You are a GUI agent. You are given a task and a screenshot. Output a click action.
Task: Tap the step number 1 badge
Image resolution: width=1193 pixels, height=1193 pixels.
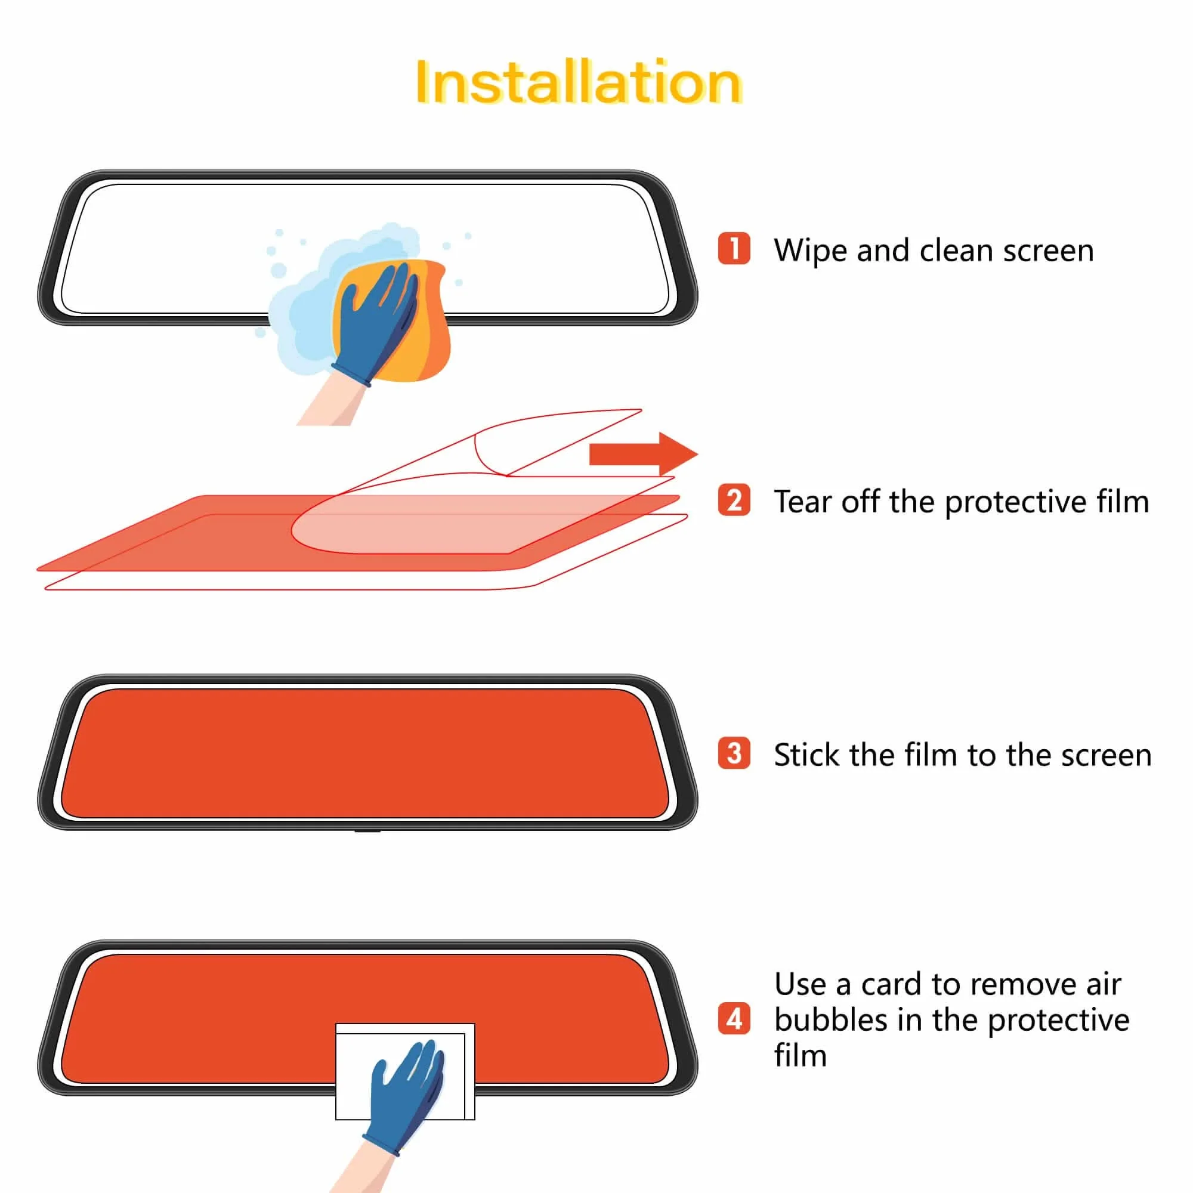coord(734,248)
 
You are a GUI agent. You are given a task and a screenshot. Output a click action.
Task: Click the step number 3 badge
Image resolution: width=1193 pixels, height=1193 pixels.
coord(734,753)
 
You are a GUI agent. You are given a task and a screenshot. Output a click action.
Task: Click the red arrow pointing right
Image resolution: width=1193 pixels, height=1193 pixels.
coord(642,454)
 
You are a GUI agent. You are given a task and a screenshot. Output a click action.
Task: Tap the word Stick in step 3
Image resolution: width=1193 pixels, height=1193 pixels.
coord(806,755)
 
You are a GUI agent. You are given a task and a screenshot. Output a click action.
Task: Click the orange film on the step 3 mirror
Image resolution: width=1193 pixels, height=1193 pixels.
coord(364,753)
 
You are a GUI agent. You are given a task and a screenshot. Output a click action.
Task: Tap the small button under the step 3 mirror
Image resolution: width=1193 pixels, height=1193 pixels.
coord(367,831)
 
